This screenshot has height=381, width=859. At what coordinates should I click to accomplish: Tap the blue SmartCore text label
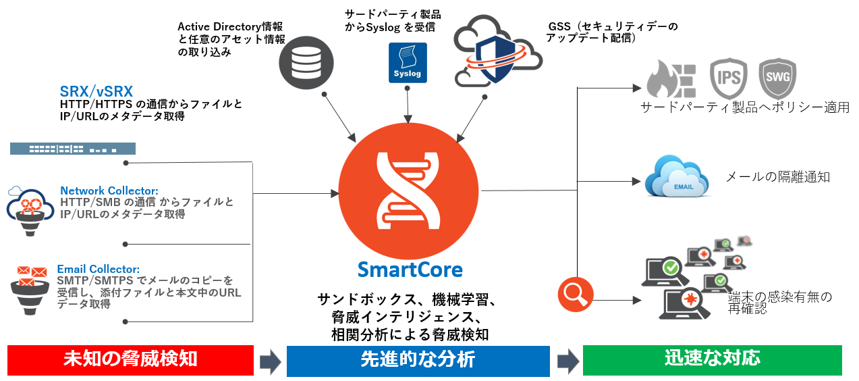click(410, 270)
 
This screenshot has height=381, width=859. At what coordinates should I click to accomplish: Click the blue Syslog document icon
click(408, 63)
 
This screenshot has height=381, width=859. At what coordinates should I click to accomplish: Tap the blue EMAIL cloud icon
click(677, 178)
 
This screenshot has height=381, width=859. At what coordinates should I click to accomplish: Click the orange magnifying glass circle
click(575, 295)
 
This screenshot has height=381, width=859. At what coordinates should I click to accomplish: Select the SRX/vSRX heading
click(96, 91)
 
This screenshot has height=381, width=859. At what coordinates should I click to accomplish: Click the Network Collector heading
click(109, 190)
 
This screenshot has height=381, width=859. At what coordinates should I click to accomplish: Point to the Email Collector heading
click(99, 269)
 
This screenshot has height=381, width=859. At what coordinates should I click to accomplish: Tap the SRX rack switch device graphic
click(73, 149)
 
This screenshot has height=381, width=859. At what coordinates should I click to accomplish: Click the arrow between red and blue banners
click(270, 361)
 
